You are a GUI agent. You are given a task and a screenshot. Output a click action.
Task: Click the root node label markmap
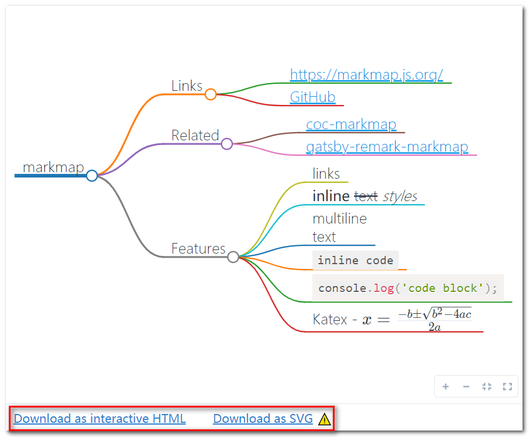coord(53,167)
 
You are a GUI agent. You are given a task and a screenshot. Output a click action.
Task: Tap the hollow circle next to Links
coord(210,94)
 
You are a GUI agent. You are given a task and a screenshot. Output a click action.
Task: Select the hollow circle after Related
coord(227,143)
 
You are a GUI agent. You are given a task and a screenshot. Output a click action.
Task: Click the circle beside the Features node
coord(233,257)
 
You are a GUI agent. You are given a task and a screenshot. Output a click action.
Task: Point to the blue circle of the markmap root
coord(92,176)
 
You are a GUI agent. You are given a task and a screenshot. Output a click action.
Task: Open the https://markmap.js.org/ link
coord(366,75)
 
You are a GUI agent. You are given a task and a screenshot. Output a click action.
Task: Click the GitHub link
coord(313,97)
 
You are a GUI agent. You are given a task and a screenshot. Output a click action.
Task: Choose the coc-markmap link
coord(351,124)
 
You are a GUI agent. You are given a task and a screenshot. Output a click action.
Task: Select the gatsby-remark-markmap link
coord(387,147)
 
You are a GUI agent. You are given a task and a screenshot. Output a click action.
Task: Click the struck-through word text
coord(366,196)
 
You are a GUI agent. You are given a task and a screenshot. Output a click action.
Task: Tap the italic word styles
coord(400,196)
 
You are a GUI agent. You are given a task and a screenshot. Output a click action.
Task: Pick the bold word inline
coord(331,196)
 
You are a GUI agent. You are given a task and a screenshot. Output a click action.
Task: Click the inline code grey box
coord(355,260)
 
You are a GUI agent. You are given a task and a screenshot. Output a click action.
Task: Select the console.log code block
coord(408,288)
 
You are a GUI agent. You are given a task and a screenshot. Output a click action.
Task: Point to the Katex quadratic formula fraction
coord(435,319)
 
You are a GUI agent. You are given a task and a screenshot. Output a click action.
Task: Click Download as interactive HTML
coord(100,419)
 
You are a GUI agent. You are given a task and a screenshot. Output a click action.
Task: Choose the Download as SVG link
coord(263,419)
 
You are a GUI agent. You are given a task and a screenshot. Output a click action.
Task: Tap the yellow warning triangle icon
coord(324,419)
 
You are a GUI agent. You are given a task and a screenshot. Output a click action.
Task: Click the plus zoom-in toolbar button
coord(446,387)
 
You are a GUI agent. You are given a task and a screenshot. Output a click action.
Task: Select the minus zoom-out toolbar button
coord(466,387)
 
